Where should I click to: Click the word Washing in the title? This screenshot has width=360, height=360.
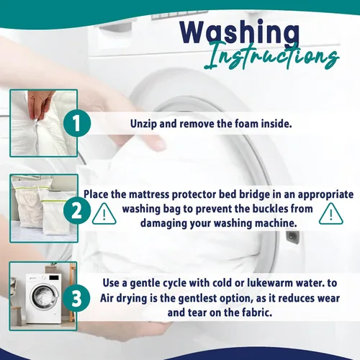point(240,32)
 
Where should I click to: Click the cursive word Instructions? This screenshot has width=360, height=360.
point(272,56)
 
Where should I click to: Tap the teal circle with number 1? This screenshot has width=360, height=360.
point(77,123)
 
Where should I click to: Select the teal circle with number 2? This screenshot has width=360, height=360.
point(77,211)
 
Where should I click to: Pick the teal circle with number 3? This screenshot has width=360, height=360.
point(77,298)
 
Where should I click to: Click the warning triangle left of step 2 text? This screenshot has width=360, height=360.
point(104,214)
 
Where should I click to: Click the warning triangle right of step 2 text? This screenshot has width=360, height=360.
point(331,214)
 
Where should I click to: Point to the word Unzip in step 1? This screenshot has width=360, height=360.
point(143,124)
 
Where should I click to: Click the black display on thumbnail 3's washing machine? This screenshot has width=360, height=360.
point(54,277)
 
